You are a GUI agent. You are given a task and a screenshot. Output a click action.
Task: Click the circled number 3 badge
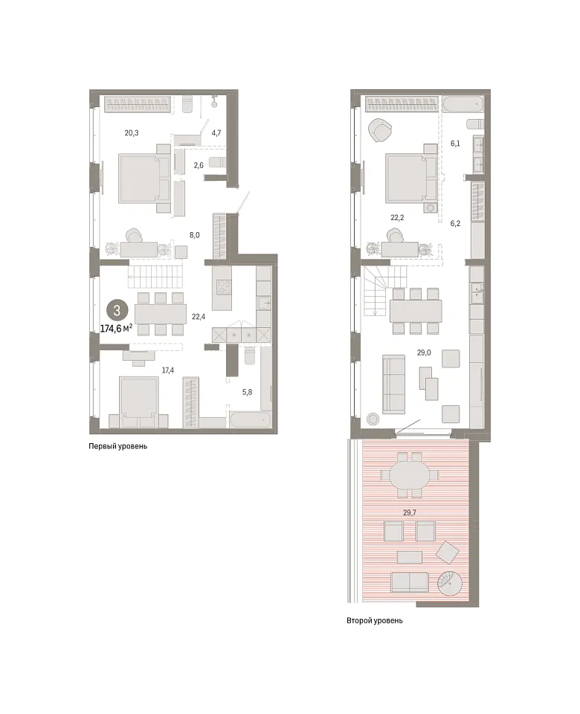(117, 311)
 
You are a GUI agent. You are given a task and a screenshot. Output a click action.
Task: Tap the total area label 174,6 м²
(116, 328)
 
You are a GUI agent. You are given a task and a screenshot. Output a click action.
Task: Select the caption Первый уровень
(118, 446)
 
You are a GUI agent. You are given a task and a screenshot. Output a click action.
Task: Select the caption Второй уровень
(375, 620)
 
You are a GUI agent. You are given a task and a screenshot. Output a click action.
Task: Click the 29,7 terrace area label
(409, 512)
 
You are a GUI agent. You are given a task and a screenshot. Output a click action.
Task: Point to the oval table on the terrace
(410, 475)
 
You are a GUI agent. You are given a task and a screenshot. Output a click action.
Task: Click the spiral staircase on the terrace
(450, 583)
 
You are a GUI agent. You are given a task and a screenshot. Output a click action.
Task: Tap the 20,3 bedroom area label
(131, 133)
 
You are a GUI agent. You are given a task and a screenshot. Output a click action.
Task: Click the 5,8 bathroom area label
(247, 392)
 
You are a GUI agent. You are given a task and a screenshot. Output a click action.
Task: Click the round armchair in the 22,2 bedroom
(381, 130)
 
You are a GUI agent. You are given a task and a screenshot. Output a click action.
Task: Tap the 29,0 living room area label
(423, 353)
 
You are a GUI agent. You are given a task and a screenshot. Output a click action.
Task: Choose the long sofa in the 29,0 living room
(393, 385)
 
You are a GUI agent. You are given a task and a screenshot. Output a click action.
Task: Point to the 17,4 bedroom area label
(167, 370)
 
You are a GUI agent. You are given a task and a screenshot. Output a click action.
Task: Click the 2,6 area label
(199, 165)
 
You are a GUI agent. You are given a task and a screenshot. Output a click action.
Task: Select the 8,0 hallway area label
(194, 235)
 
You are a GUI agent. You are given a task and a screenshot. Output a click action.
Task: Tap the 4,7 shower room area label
(216, 133)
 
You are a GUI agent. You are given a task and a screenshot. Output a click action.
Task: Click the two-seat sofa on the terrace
(409, 583)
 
